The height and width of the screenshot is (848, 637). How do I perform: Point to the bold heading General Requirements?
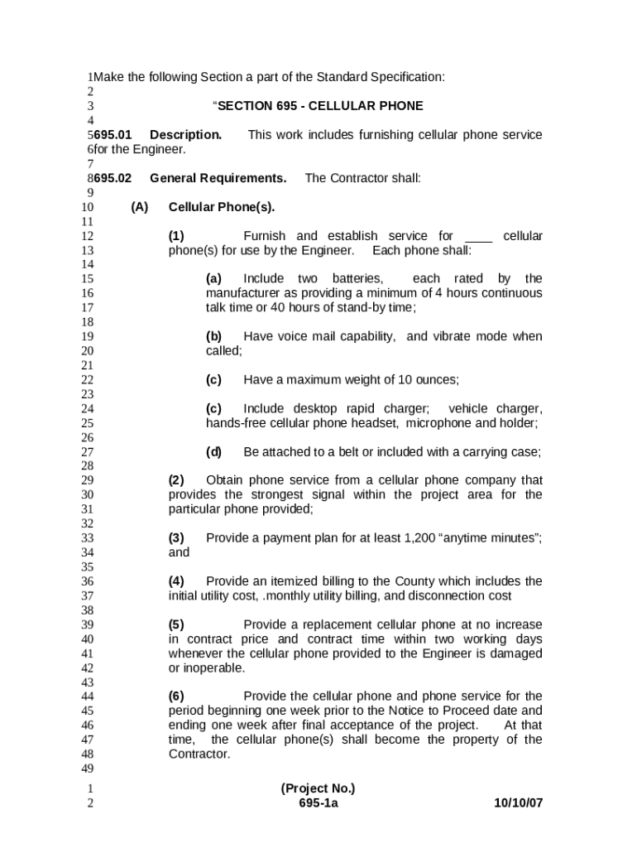218,178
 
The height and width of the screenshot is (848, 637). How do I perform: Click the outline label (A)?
139,207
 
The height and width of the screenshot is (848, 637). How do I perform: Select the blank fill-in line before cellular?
478,237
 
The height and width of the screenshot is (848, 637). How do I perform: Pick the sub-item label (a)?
214,279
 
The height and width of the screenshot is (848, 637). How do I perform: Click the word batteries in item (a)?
357,279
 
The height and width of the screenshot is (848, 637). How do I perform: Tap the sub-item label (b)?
214,336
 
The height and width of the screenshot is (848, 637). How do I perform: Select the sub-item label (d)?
214,452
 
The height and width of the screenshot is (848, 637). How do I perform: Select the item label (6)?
176,696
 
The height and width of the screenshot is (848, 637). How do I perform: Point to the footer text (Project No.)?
318,788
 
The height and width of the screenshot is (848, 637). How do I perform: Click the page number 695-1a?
318,803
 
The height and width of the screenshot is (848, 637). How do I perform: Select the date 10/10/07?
518,803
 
